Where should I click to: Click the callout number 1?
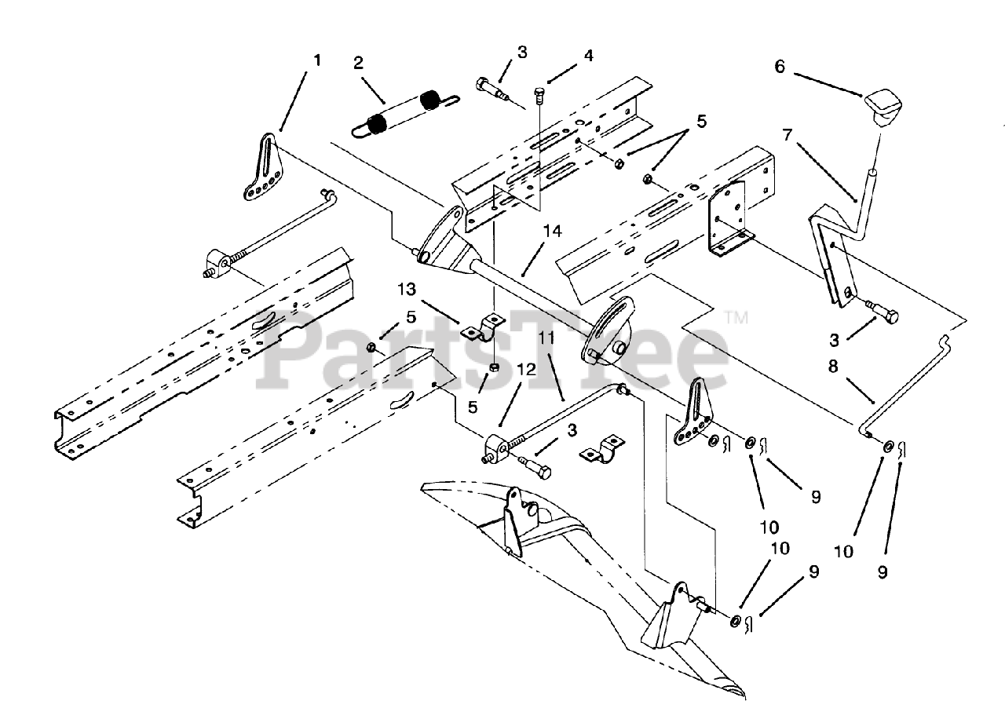(x=317, y=60)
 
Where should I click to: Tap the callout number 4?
(x=588, y=56)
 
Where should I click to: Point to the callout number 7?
(x=788, y=135)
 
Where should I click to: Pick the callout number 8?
(x=833, y=367)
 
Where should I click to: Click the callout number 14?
(x=552, y=232)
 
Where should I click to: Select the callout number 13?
(x=407, y=290)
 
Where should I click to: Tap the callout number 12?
(x=527, y=370)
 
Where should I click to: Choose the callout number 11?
(x=547, y=338)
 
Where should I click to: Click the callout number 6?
(x=780, y=67)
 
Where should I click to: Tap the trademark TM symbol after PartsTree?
(x=736, y=318)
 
